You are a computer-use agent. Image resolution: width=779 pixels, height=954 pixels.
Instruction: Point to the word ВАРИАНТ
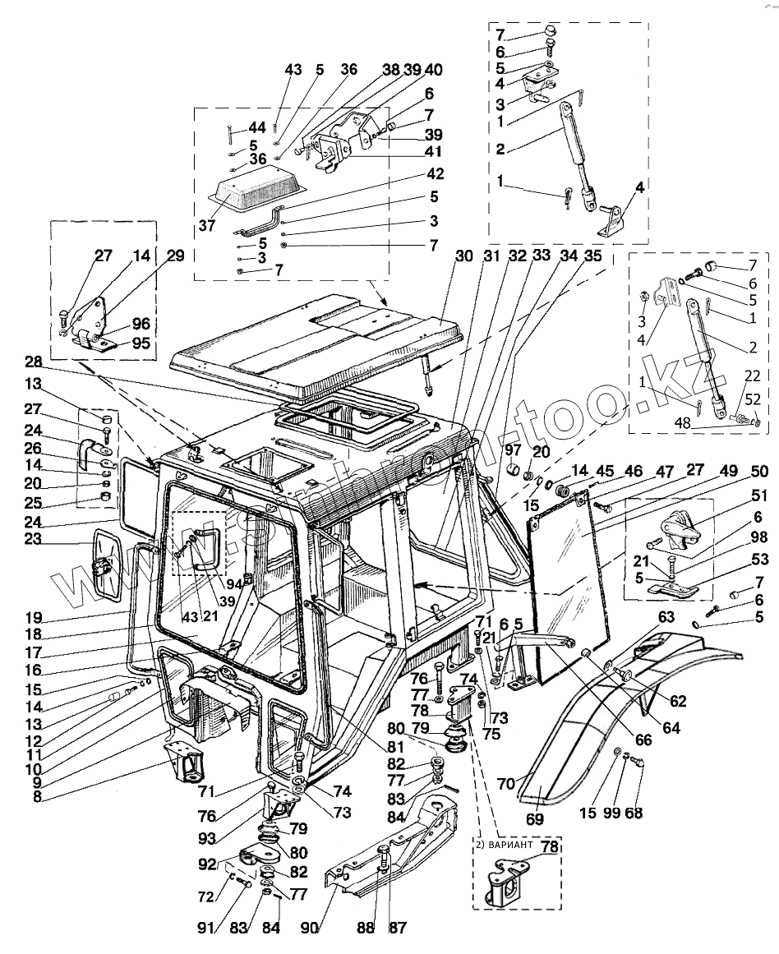point(515,845)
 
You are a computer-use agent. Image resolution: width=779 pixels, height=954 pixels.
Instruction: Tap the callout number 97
point(513,449)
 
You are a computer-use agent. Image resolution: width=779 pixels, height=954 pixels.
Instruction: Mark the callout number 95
point(142,344)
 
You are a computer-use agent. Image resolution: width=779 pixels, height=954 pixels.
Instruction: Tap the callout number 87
point(398,929)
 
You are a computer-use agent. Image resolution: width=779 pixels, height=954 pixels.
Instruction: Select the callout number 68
point(634,813)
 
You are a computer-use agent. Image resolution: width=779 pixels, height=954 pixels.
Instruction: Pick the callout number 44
point(257,128)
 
